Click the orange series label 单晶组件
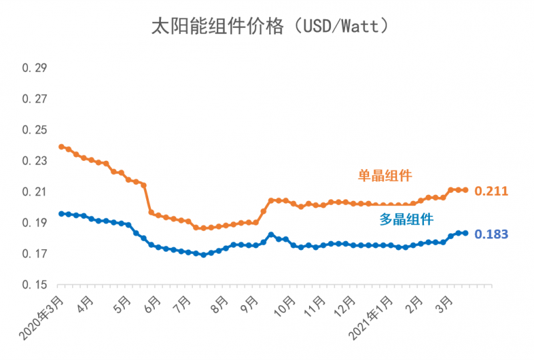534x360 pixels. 384,176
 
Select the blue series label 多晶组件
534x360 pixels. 407,218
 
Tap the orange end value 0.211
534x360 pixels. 491,192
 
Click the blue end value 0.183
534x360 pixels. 491,234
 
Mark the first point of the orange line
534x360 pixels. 61,146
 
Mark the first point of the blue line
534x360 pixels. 61,214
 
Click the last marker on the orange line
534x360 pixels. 465,190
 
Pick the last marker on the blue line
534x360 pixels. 465,233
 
